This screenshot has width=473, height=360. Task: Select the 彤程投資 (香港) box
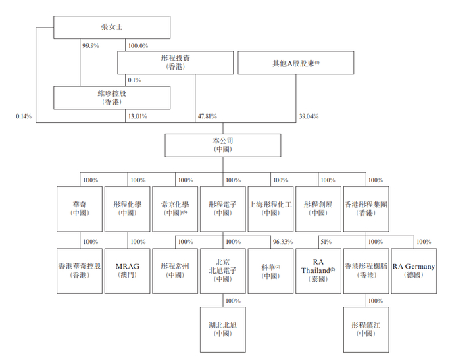tap(176, 63)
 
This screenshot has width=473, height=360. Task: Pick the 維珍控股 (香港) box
tap(111, 97)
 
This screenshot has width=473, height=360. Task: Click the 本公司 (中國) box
tap(223, 145)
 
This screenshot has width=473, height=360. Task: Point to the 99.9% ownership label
tap(91, 45)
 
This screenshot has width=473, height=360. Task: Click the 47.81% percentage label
tap(207, 116)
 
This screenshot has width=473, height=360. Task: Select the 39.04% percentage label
tap(309, 116)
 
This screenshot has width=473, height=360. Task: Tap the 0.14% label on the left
tap(24, 116)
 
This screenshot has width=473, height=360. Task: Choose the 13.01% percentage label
tap(137, 116)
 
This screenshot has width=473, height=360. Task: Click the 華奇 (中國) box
tap(80, 207)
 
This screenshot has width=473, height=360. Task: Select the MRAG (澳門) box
tap(127, 270)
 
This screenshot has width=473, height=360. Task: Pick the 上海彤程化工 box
tap(270, 207)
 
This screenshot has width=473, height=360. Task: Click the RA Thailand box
tap(319, 270)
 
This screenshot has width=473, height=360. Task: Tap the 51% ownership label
tap(326, 241)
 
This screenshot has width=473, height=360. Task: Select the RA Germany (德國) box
tap(414, 270)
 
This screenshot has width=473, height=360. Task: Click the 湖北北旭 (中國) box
tap(223, 329)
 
